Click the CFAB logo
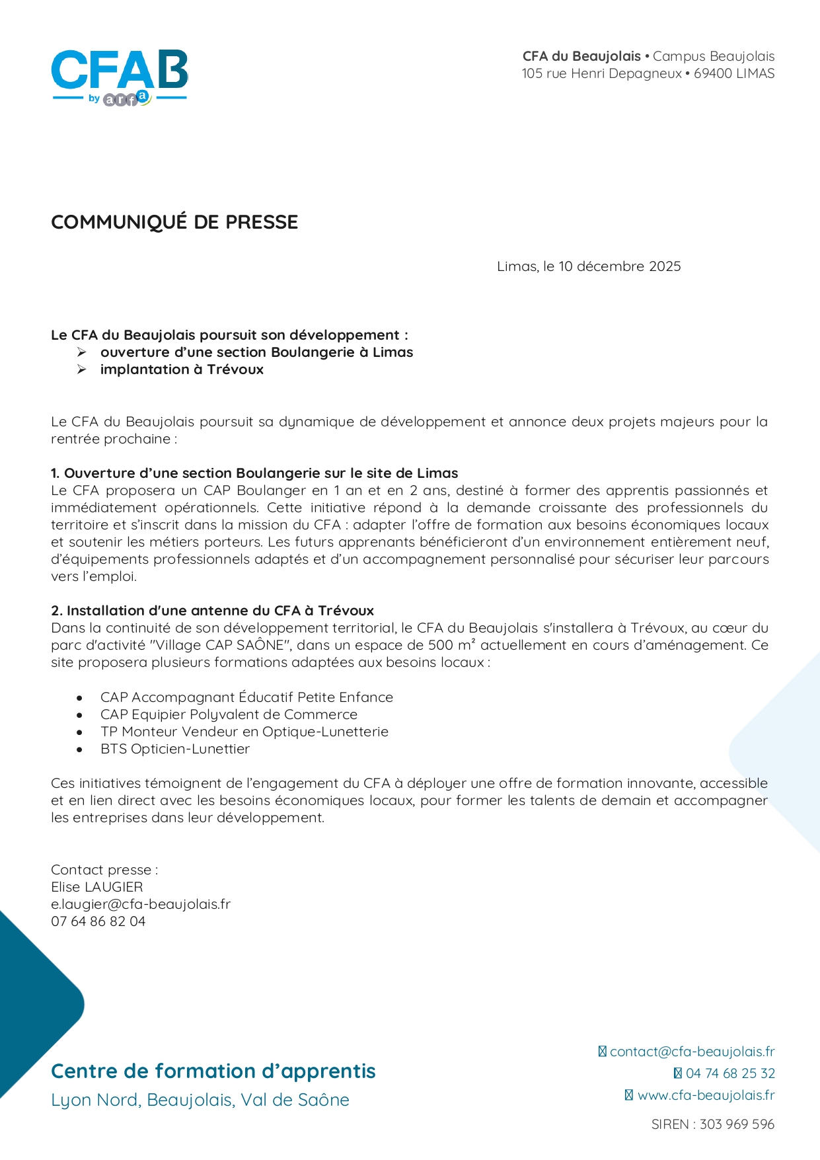tap(120, 77)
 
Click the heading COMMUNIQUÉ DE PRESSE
tap(174, 222)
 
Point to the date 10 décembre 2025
tap(620, 266)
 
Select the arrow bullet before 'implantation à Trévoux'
tap(81, 369)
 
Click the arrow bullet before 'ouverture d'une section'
tap(81, 352)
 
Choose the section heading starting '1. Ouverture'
tap(254, 473)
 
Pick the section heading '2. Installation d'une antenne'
tap(212, 611)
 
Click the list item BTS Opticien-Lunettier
tap(175, 749)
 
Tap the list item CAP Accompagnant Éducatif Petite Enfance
tap(246, 697)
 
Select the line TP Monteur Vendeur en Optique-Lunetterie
tap(244, 732)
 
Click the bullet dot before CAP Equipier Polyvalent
tap(79, 715)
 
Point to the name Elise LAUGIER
tap(97, 887)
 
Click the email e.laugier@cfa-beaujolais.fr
tap(141, 904)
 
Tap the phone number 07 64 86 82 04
tap(98, 921)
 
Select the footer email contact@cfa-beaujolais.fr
tap(692, 1052)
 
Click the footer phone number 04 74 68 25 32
tap(729, 1073)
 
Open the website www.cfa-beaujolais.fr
tap(706, 1095)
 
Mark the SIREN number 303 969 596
tap(737, 1124)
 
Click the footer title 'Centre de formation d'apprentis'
tap(213, 1071)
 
